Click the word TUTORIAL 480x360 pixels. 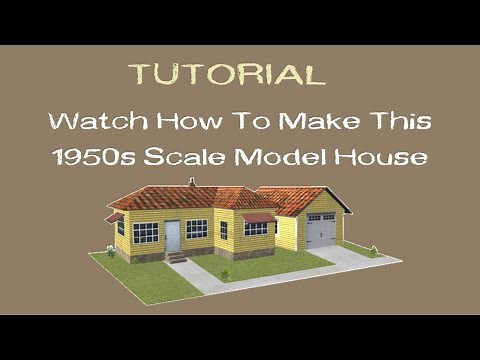point(226,74)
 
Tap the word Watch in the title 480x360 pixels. point(96,123)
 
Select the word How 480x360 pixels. point(184,123)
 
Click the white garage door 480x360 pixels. point(321,232)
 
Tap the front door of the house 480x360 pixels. point(172,236)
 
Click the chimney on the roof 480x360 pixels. point(191,183)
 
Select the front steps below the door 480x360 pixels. point(176,258)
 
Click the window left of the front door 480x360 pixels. point(146,233)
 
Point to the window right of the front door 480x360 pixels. point(197,229)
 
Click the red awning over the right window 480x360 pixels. point(257,217)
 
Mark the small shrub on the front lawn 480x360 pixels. point(226,274)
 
